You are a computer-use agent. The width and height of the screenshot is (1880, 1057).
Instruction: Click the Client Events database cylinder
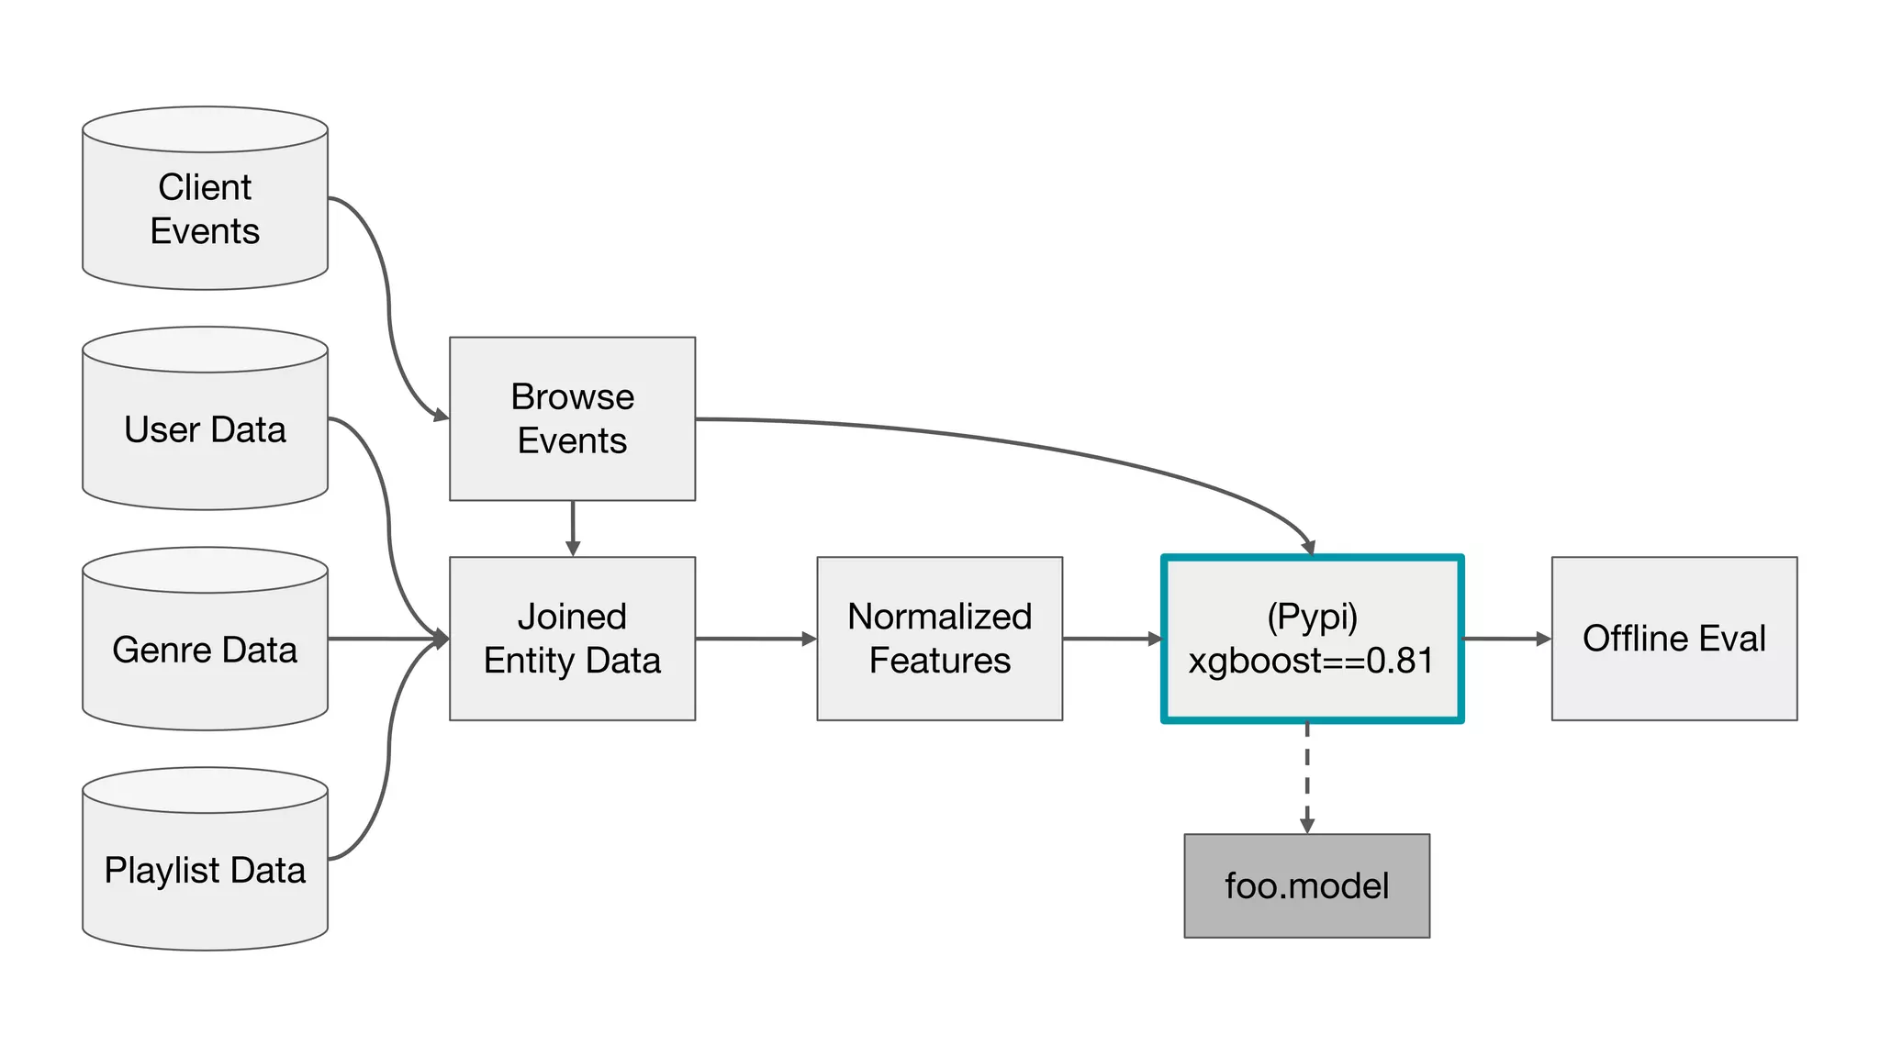pyautogui.click(x=205, y=209)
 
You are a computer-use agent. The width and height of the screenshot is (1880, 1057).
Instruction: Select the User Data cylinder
pyautogui.click(x=205, y=429)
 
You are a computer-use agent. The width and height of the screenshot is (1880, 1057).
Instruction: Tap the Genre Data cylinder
pyautogui.click(x=205, y=650)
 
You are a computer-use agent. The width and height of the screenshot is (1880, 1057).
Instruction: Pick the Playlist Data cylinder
pyautogui.click(x=205, y=870)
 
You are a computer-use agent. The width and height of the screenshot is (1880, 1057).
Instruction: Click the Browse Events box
pyautogui.click(x=572, y=419)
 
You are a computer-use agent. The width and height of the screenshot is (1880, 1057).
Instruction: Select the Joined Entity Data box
pyautogui.click(x=572, y=639)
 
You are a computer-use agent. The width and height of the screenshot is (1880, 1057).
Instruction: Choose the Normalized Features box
pyautogui.click(x=939, y=639)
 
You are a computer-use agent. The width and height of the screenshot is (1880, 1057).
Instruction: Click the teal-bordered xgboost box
pyautogui.click(x=1312, y=639)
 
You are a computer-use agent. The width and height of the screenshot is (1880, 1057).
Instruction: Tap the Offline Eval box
pyautogui.click(x=1673, y=639)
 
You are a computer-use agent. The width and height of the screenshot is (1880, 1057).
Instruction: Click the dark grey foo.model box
pyautogui.click(x=1306, y=885)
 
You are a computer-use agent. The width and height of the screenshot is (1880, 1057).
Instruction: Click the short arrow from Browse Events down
pyautogui.click(x=573, y=528)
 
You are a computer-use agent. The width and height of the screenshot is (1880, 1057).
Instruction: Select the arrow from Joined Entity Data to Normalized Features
pyautogui.click(x=755, y=639)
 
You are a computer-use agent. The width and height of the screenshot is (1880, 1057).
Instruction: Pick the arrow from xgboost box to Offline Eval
pyautogui.click(x=1505, y=639)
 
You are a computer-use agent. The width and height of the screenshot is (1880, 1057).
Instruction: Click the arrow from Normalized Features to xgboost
pyautogui.click(x=1111, y=639)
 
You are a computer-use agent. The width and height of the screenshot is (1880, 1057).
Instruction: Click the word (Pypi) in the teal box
pyautogui.click(x=1312, y=617)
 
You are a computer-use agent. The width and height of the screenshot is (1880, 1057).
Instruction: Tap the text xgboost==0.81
pyautogui.click(x=1311, y=661)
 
